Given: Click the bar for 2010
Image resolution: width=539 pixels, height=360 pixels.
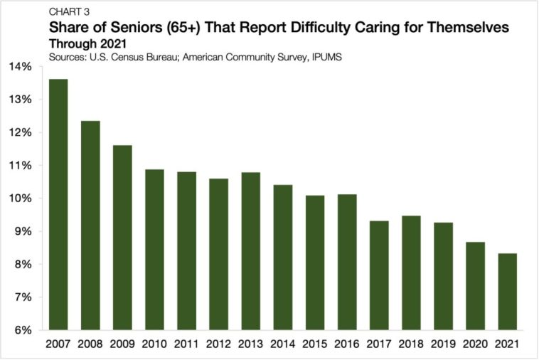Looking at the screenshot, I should (x=154, y=250).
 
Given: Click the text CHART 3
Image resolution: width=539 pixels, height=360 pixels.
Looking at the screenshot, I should (x=68, y=11).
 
